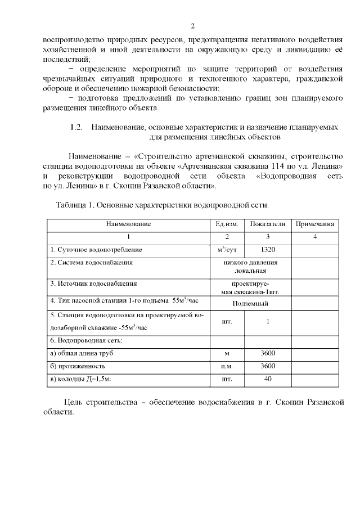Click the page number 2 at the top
pyautogui.click(x=192, y=26)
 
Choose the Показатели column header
pyautogui.click(x=267, y=224)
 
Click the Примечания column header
pyautogui.click(x=315, y=224)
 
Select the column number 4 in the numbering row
pyautogui.click(x=315, y=237)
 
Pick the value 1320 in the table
pyautogui.click(x=267, y=249)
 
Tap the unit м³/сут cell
pyautogui.click(x=227, y=249)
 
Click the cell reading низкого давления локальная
pyautogui.click(x=250, y=267)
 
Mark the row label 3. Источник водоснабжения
pyautogui.click(x=93, y=283)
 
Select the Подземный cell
pyautogui.click(x=250, y=303)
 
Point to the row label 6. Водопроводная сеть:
pyautogui.click(x=87, y=340)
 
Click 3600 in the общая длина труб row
pyautogui.click(x=267, y=353)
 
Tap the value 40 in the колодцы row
pyautogui.click(x=267, y=379)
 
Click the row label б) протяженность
pyautogui.click(x=78, y=366)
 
